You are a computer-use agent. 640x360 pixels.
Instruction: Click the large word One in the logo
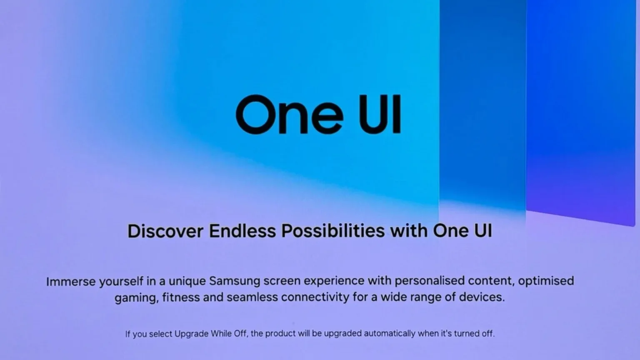point(290,114)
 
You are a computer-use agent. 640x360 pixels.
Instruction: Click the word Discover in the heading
point(165,231)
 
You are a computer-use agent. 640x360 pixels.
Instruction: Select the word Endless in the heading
point(242,231)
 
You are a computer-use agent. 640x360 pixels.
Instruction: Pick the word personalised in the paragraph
point(430,281)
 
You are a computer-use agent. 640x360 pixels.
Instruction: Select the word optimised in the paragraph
point(546,281)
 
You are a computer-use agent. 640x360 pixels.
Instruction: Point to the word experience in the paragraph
point(334,281)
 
